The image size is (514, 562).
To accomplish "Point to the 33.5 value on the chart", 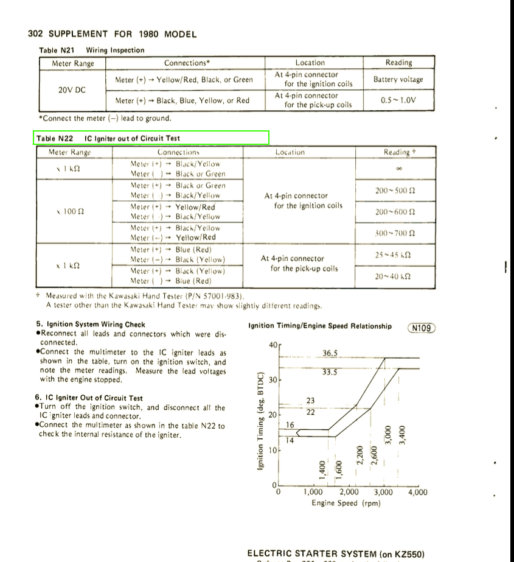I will coord(330,373).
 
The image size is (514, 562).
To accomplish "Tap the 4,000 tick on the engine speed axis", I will coord(417,493).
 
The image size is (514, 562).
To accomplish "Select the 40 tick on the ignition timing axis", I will coord(272,345).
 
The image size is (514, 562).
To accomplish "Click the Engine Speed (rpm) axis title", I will coord(346,504).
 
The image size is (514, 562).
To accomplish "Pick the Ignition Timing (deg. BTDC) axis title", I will coord(260,420).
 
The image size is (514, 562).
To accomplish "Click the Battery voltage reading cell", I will coord(398,79).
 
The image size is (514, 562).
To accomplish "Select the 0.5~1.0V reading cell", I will coord(398,100).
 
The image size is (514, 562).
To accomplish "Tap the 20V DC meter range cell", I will coord(72,90).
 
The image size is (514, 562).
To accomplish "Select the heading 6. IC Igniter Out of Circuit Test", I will coord(89,398).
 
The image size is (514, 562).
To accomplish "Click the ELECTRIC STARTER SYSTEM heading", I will coord(336,553).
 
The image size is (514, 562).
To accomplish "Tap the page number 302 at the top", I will coord(36,34).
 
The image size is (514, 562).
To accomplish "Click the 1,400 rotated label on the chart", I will coord(322,469).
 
